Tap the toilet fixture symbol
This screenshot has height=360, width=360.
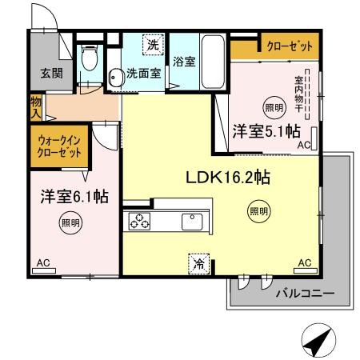click(90, 60)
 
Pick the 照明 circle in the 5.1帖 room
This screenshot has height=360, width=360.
click(273, 106)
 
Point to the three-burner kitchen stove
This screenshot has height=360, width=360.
click(139, 222)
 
